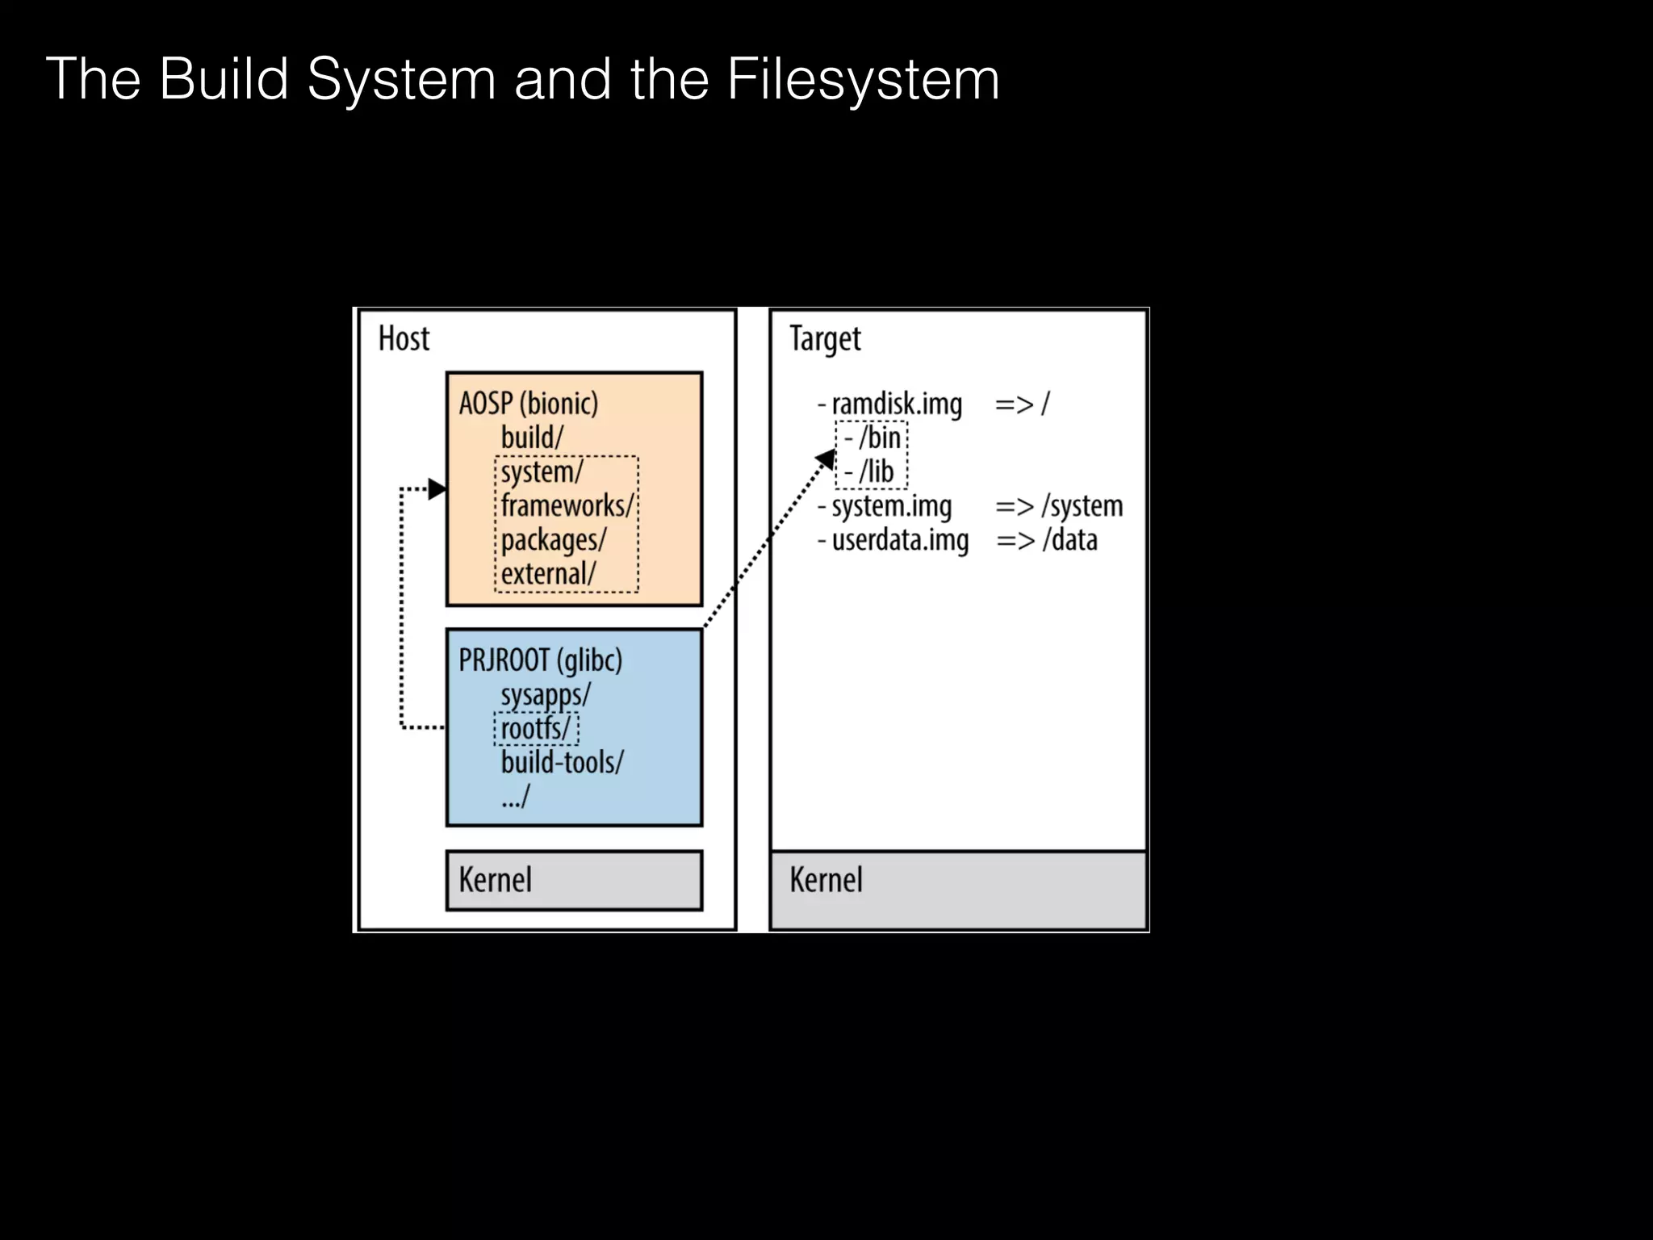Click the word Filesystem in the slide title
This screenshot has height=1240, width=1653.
point(863,79)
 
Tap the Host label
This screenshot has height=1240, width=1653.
point(404,339)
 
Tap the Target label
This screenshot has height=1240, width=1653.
point(825,339)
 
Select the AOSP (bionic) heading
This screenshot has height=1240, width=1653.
point(529,403)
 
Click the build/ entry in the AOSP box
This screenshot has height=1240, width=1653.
point(532,438)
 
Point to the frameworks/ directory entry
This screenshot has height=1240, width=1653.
point(567,506)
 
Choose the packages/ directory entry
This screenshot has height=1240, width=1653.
point(553,540)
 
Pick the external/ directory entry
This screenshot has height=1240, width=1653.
point(548,574)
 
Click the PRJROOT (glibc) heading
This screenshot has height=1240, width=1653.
point(540,660)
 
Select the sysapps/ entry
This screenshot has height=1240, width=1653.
point(546,695)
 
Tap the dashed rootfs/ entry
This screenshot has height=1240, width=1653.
point(536,729)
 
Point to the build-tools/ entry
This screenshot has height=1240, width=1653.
point(562,763)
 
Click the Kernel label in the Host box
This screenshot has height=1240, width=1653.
point(495,880)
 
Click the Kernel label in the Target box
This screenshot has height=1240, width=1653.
point(826,880)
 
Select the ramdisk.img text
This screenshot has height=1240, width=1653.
point(897,404)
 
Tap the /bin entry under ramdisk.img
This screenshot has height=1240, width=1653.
point(879,438)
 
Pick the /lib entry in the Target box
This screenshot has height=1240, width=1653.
point(876,472)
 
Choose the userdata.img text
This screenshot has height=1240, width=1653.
point(900,540)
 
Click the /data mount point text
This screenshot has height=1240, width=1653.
point(1069,540)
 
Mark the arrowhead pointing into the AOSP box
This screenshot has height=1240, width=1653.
point(437,488)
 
